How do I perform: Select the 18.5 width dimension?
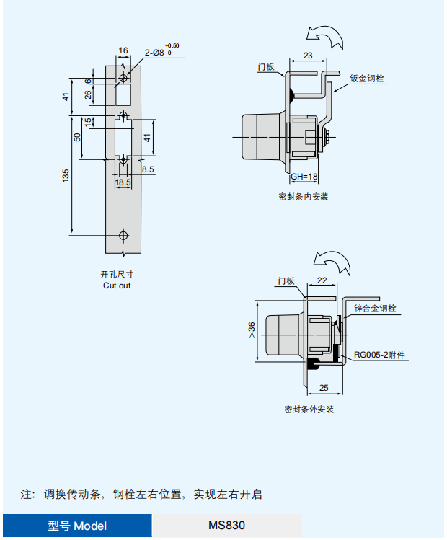[x=123, y=182]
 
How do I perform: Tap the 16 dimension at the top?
[x=123, y=50]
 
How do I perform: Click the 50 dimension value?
[x=77, y=136]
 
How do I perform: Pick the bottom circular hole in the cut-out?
[x=124, y=235]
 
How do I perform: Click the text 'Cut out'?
[x=117, y=286]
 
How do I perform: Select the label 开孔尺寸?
[x=117, y=275]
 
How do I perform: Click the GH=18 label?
[x=304, y=177]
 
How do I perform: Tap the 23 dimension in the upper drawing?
[x=308, y=56]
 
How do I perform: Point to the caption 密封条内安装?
[x=303, y=196]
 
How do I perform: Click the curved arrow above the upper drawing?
[x=324, y=35]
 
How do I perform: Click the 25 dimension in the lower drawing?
[x=323, y=388]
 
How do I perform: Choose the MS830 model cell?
[x=226, y=526]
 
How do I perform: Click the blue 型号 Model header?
[x=77, y=526]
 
